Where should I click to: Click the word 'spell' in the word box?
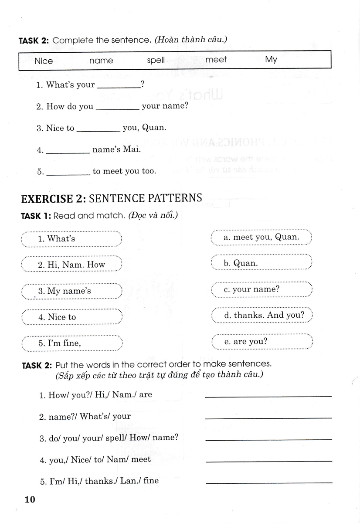[x=156, y=60]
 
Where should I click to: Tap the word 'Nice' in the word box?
[x=44, y=61]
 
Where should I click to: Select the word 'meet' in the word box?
[x=216, y=59]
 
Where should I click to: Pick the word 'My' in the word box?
[x=271, y=59]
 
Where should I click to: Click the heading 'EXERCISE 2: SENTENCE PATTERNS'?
[x=112, y=198]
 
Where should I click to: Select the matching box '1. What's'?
[x=71, y=239]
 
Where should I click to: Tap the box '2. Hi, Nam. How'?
[x=71, y=265]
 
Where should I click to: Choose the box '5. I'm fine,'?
[x=71, y=343]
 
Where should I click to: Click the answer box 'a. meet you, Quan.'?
[x=262, y=238]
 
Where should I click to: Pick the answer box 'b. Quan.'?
[x=262, y=263]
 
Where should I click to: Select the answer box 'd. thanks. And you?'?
[x=262, y=315]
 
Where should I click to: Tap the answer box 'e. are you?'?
[x=262, y=342]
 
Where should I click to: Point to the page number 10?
[x=29, y=499]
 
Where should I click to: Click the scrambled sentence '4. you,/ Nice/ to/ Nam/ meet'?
[x=95, y=459]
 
